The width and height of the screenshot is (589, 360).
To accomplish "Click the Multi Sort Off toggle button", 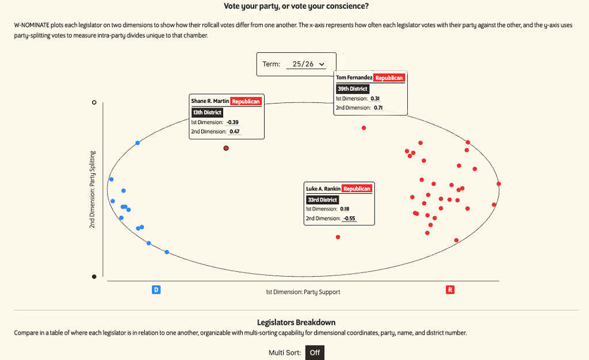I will pos(314,352).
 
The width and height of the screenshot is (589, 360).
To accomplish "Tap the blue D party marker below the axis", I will pos(156,290).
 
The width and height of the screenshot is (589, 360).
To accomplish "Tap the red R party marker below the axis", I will pos(450,290).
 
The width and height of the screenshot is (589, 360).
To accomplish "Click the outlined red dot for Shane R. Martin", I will pos(226,148).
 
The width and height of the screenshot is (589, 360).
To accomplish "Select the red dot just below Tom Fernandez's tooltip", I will pos(364,128).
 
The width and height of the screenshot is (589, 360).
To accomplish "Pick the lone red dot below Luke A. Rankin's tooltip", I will pos(338,237).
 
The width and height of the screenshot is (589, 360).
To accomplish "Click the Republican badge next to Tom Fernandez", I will pos(389,78).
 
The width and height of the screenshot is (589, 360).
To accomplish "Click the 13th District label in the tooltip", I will pos(207,112).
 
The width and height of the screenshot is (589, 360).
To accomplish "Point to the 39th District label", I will pos(352,89).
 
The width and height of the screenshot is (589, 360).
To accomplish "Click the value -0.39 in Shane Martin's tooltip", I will pos(232,122).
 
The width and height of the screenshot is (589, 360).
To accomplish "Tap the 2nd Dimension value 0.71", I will pos(378,108).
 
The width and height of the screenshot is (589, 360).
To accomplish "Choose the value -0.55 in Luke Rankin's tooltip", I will pos(349,219).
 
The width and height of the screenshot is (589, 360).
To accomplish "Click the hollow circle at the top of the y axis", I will pos(94,102).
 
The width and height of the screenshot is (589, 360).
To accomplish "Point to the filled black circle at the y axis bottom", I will pos(94,277).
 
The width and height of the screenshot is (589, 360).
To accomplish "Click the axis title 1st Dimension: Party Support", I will pos(303,292).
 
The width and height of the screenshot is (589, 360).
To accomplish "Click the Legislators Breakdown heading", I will pos(296,322).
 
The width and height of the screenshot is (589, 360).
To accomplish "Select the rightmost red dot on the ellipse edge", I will pos(499,183).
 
